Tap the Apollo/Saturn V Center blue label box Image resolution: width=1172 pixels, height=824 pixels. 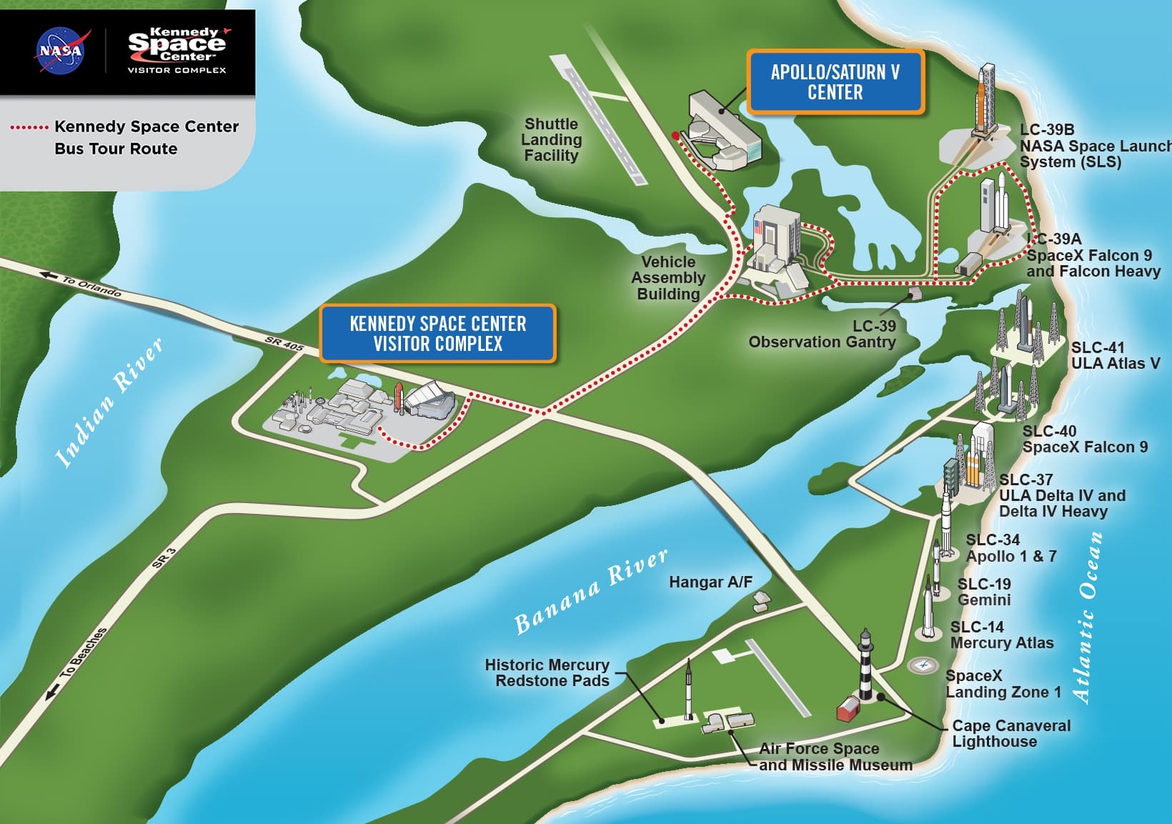coord(835,82)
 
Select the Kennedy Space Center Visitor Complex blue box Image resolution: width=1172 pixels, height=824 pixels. coord(437,334)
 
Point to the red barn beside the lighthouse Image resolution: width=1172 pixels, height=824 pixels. coord(848,709)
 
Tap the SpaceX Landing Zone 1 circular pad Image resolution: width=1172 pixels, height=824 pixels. coord(923,665)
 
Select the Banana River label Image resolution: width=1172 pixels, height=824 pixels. coord(592,591)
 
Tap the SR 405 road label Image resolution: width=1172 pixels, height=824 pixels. coord(284,344)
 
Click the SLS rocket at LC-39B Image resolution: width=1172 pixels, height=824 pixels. coord(984,100)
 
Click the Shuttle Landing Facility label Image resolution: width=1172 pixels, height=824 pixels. coord(551,139)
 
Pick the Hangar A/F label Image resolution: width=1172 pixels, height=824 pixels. coord(710,582)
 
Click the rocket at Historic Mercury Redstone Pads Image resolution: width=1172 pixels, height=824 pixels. coord(688,690)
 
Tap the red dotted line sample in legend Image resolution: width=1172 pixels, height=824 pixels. coord(29,127)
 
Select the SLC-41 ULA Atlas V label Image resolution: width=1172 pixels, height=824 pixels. coord(1115,355)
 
